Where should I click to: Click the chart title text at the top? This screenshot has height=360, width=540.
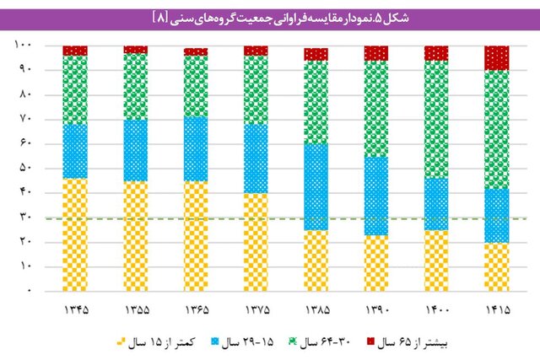tap(269, 16)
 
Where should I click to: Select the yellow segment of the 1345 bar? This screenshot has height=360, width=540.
tap(75, 234)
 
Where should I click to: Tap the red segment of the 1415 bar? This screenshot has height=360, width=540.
tap(497, 57)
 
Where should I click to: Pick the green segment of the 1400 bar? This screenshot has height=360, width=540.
tap(436, 119)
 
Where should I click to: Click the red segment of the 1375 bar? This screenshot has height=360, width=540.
tap(256, 51)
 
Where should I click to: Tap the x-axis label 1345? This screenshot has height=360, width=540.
tap(75, 311)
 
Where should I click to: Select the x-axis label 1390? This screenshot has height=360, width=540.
tap(376, 311)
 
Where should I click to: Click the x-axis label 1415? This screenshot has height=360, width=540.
tap(497, 311)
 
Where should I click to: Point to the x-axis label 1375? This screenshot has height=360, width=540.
tap(256, 311)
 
